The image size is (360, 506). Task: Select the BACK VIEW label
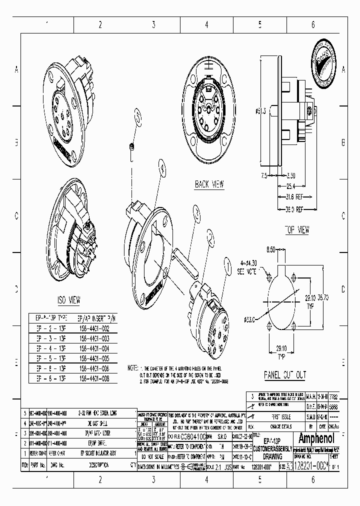pos(209,184)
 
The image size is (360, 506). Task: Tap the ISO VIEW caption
pos(68,300)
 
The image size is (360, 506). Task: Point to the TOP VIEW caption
pos(296,230)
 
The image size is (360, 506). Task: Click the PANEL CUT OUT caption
pos(285,374)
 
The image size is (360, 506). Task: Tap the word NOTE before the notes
pos(131,367)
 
